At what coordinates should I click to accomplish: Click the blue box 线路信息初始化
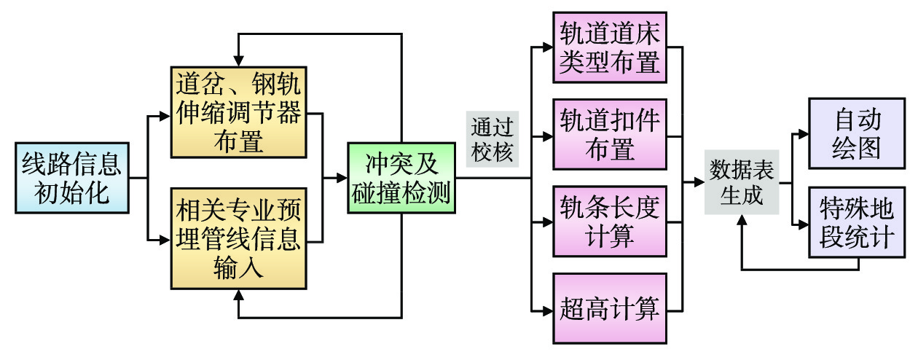71,177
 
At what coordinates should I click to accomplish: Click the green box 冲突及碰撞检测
400,177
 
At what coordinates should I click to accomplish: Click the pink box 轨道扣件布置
610,134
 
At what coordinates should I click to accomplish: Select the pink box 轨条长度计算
610,222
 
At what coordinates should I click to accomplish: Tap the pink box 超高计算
610,309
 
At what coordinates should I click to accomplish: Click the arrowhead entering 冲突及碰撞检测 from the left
342,177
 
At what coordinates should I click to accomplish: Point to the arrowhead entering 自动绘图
804,134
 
